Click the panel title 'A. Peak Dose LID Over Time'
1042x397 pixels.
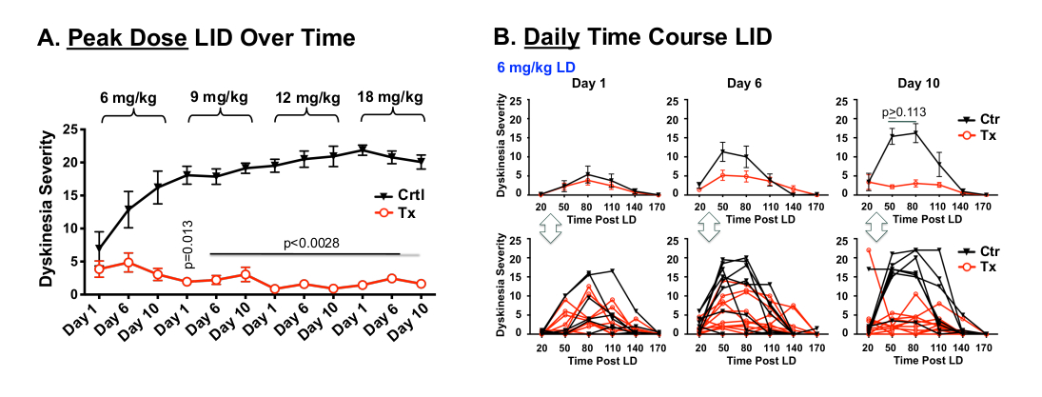pyautogui.click(x=195, y=38)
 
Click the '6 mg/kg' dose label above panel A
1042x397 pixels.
pyautogui.click(x=131, y=98)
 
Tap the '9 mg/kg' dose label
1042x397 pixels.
pyautogui.click(x=220, y=98)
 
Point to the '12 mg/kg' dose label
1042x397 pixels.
pyautogui.click(x=306, y=98)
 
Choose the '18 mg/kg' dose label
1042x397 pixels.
pyautogui.click(x=392, y=98)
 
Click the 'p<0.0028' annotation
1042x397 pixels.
pyautogui.click(x=310, y=244)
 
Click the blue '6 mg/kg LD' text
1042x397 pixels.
pyautogui.click(x=540, y=69)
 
